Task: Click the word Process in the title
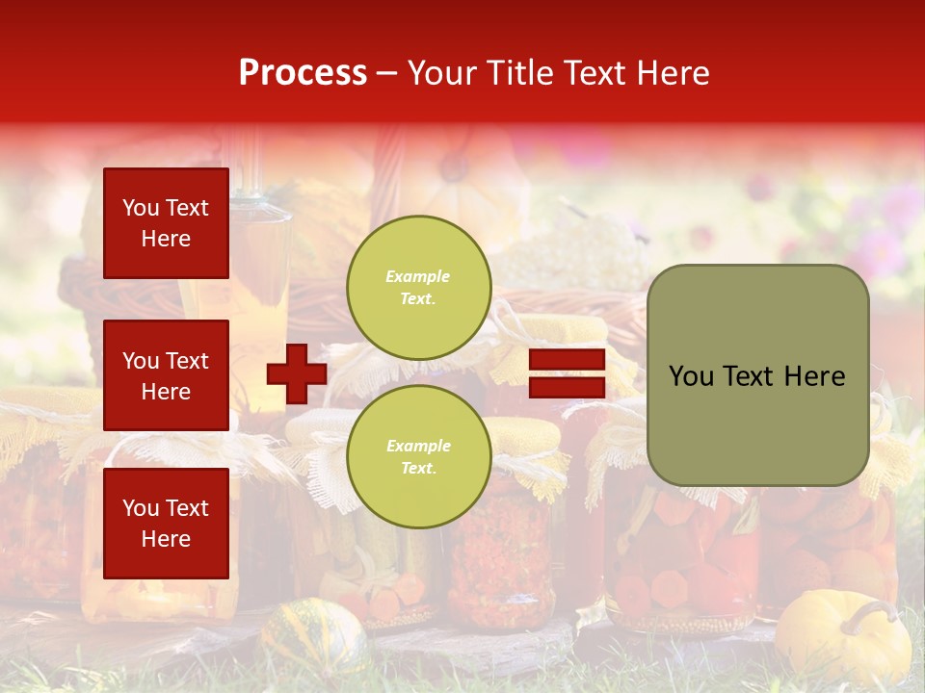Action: [x=303, y=73]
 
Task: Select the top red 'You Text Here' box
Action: [x=166, y=223]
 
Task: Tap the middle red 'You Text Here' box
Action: [x=166, y=375]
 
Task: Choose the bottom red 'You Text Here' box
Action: [x=166, y=523]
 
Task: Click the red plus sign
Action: [x=297, y=373]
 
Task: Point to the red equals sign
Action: [x=567, y=373]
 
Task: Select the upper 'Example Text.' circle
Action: [x=419, y=288]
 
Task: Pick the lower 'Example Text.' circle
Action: [x=419, y=457]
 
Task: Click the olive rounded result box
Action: [x=757, y=374]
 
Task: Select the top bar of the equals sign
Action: [x=567, y=360]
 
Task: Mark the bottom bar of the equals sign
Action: [x=567, y=387]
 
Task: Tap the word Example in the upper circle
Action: [x=418, y=276]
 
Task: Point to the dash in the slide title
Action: [x=387, y=74]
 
